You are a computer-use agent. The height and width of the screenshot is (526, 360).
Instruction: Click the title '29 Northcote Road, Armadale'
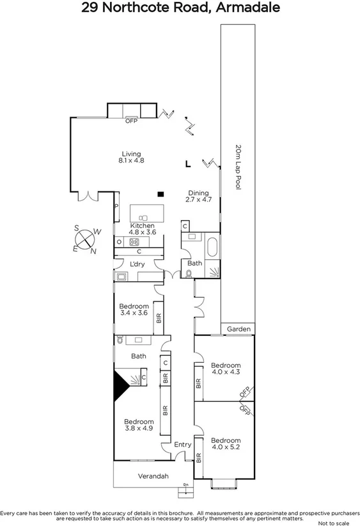click(180, 8)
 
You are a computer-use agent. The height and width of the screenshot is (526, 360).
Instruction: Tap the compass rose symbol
click(86, 239)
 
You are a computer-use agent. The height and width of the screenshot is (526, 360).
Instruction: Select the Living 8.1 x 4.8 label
click(131, 157)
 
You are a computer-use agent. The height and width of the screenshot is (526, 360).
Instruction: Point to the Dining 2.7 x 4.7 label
click(198, 196)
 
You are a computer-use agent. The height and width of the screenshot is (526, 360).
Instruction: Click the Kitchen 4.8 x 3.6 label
click(143, 230)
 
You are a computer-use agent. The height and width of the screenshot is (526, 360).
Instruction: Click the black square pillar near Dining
click(161, 194)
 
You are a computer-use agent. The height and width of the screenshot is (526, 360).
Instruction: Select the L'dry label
click(136, 264)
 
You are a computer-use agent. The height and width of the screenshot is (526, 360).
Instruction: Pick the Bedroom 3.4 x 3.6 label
click(134, 310)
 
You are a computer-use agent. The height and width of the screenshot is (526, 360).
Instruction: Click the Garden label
click(238, 330)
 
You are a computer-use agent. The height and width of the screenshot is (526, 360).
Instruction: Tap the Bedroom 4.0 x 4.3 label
click(226, 369)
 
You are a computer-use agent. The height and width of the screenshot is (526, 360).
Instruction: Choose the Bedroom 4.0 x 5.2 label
click(226, 444)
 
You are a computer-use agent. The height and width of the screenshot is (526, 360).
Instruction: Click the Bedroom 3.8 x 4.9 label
click(139, 425)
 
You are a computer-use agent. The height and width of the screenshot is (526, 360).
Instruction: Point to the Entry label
click(182, 445)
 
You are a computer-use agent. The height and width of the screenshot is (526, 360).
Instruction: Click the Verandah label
click(153, 476)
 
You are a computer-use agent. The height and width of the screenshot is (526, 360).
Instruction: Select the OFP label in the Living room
click(132, 120)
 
